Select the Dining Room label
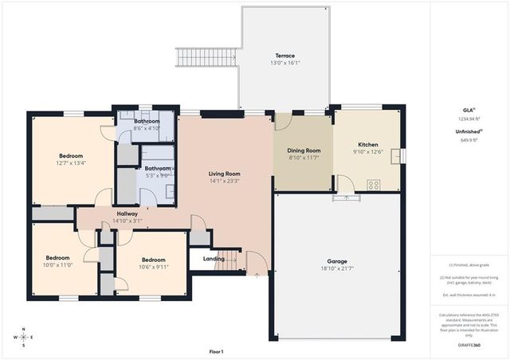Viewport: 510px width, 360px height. point(304,151)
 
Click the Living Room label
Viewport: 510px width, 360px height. point(225,174)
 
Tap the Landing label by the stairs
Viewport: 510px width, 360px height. point(214,258)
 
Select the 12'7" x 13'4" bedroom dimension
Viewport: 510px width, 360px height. point(71,162)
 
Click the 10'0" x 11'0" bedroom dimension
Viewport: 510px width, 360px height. point(58,264)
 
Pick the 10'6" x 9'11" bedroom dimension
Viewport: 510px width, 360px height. point(155,267)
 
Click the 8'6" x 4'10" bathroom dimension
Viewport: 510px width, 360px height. point(147,127)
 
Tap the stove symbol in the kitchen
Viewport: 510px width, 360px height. point(373,185)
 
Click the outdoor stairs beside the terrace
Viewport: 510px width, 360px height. point(206,57)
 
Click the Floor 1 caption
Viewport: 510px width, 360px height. point(216,351)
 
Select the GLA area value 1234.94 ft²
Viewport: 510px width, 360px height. point(469,119)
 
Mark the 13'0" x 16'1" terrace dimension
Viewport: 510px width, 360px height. point(285,63)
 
